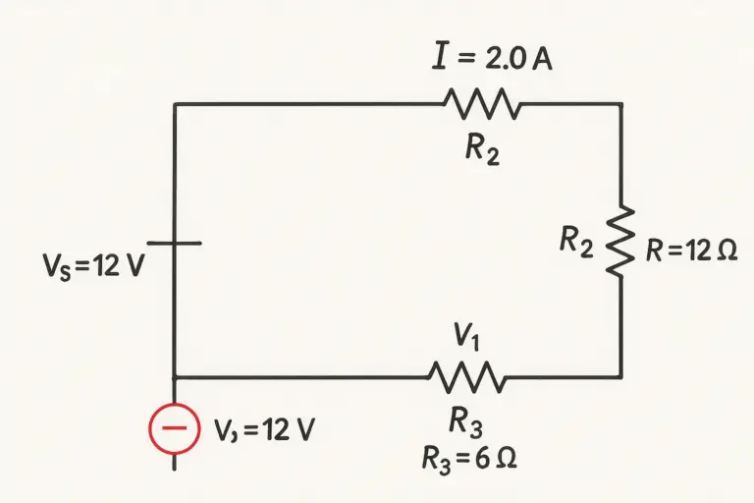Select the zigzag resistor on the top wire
pyautogui.click(x=482, y=103)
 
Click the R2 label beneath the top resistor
pyautogui.click(x=482, y=149)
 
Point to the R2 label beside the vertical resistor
pyautogui.click(x=576, y=242)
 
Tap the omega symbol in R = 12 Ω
pyautogui.click(x=727, y=251)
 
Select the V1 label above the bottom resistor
pyautogui.click(x=466, y=336)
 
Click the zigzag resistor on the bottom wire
pyautogui.click(x=466, y=377)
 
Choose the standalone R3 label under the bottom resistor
pyautogui.click(x=465, y=421)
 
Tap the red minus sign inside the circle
pyautogui.click(x=174, y=428)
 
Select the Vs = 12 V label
pyautogui.click(x=94, y=266)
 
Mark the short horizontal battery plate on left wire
pyautogui.click(x=174, y=244)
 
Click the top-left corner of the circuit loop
pyautogui.click(x=175, y=103)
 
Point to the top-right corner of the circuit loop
pyautogui.click(x=621, y=103)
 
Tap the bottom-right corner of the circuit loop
pyautogui.click(x=621, y=377)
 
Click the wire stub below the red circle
pyautogui.click(x=174, y=462)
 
